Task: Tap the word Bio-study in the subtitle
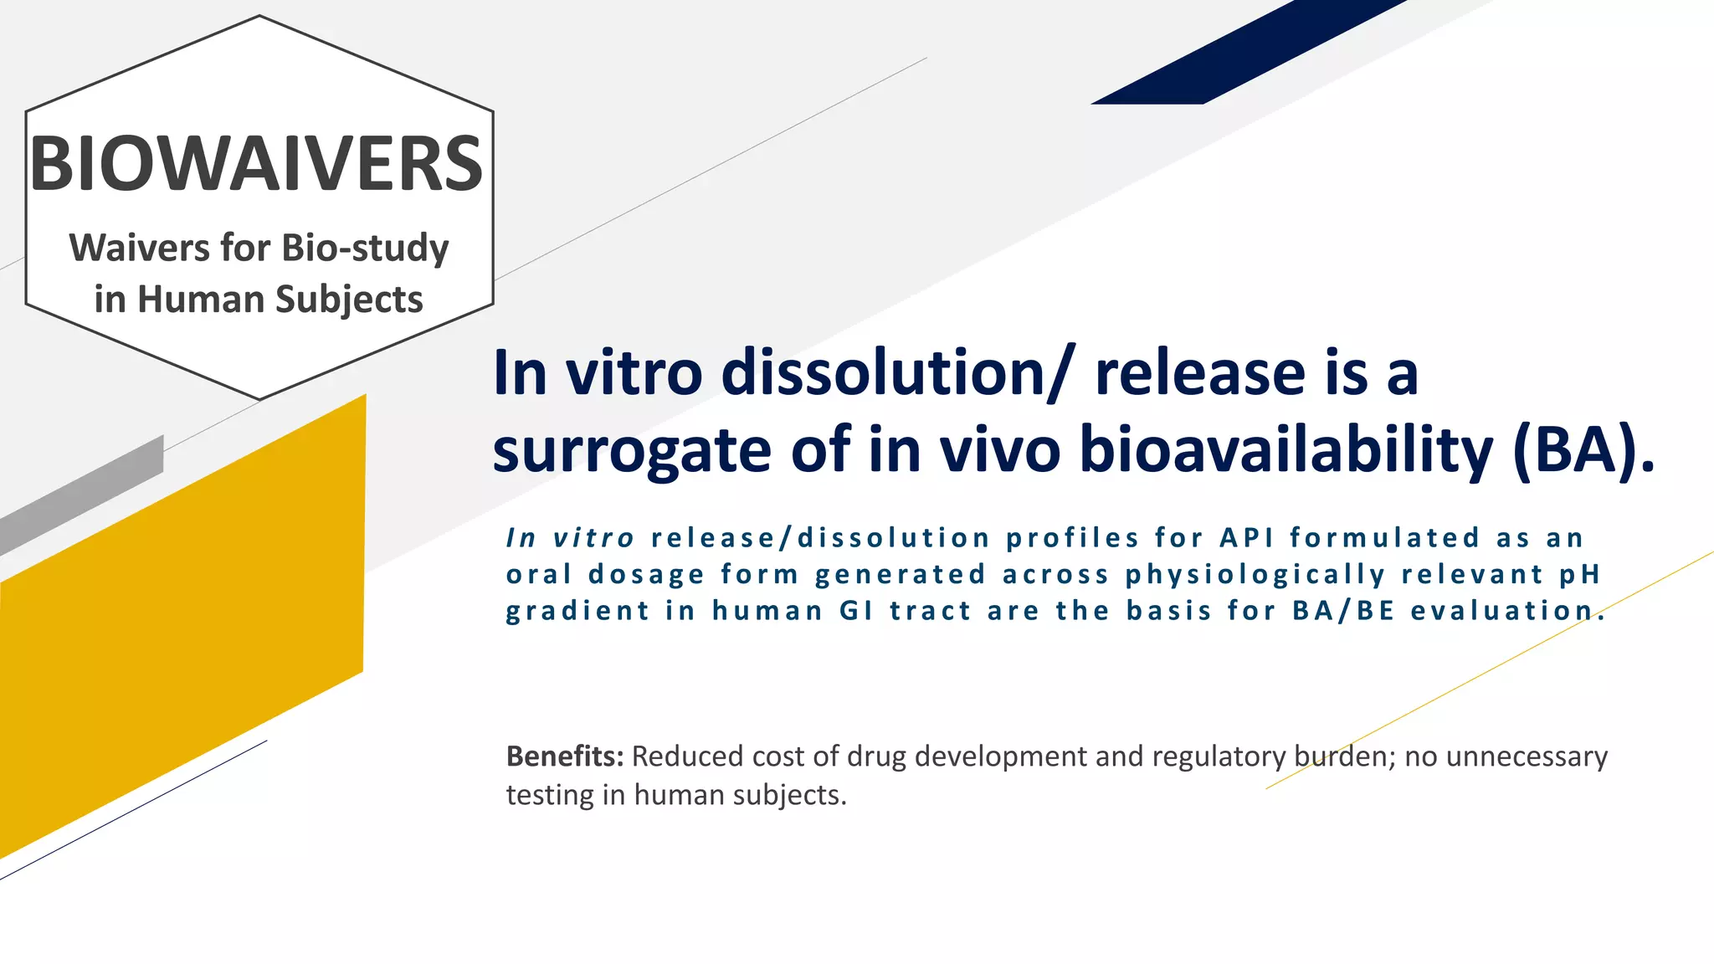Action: pyautogui.click(x=365, y=249)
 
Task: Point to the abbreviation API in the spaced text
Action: pyautogui.click(x=1246, y=538)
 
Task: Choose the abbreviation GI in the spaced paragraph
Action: pyautogui.click(x=856, y=611)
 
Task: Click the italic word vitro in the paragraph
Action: pyautogui.click(x=593, y=538)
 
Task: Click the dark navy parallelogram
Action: pyautogui.click(x=1247, y=52)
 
